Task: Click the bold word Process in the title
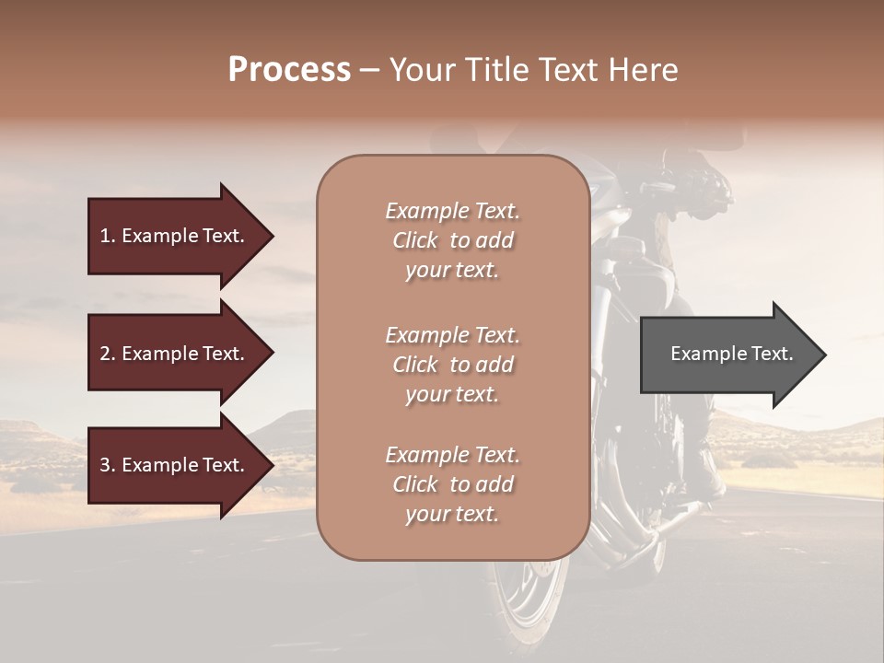point(289,70)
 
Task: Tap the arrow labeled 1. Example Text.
point(175,236)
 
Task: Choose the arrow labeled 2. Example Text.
point(175,354)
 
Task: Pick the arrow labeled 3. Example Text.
point(175,465)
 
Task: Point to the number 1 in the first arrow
point(105,236)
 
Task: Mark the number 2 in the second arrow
point(105,354)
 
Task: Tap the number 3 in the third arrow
point(105,465)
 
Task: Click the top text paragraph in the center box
point(452,240)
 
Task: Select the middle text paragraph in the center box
point(452,365)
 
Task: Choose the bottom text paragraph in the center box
point(452,484)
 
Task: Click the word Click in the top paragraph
point(415,240)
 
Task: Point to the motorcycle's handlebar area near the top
point(700,180)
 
